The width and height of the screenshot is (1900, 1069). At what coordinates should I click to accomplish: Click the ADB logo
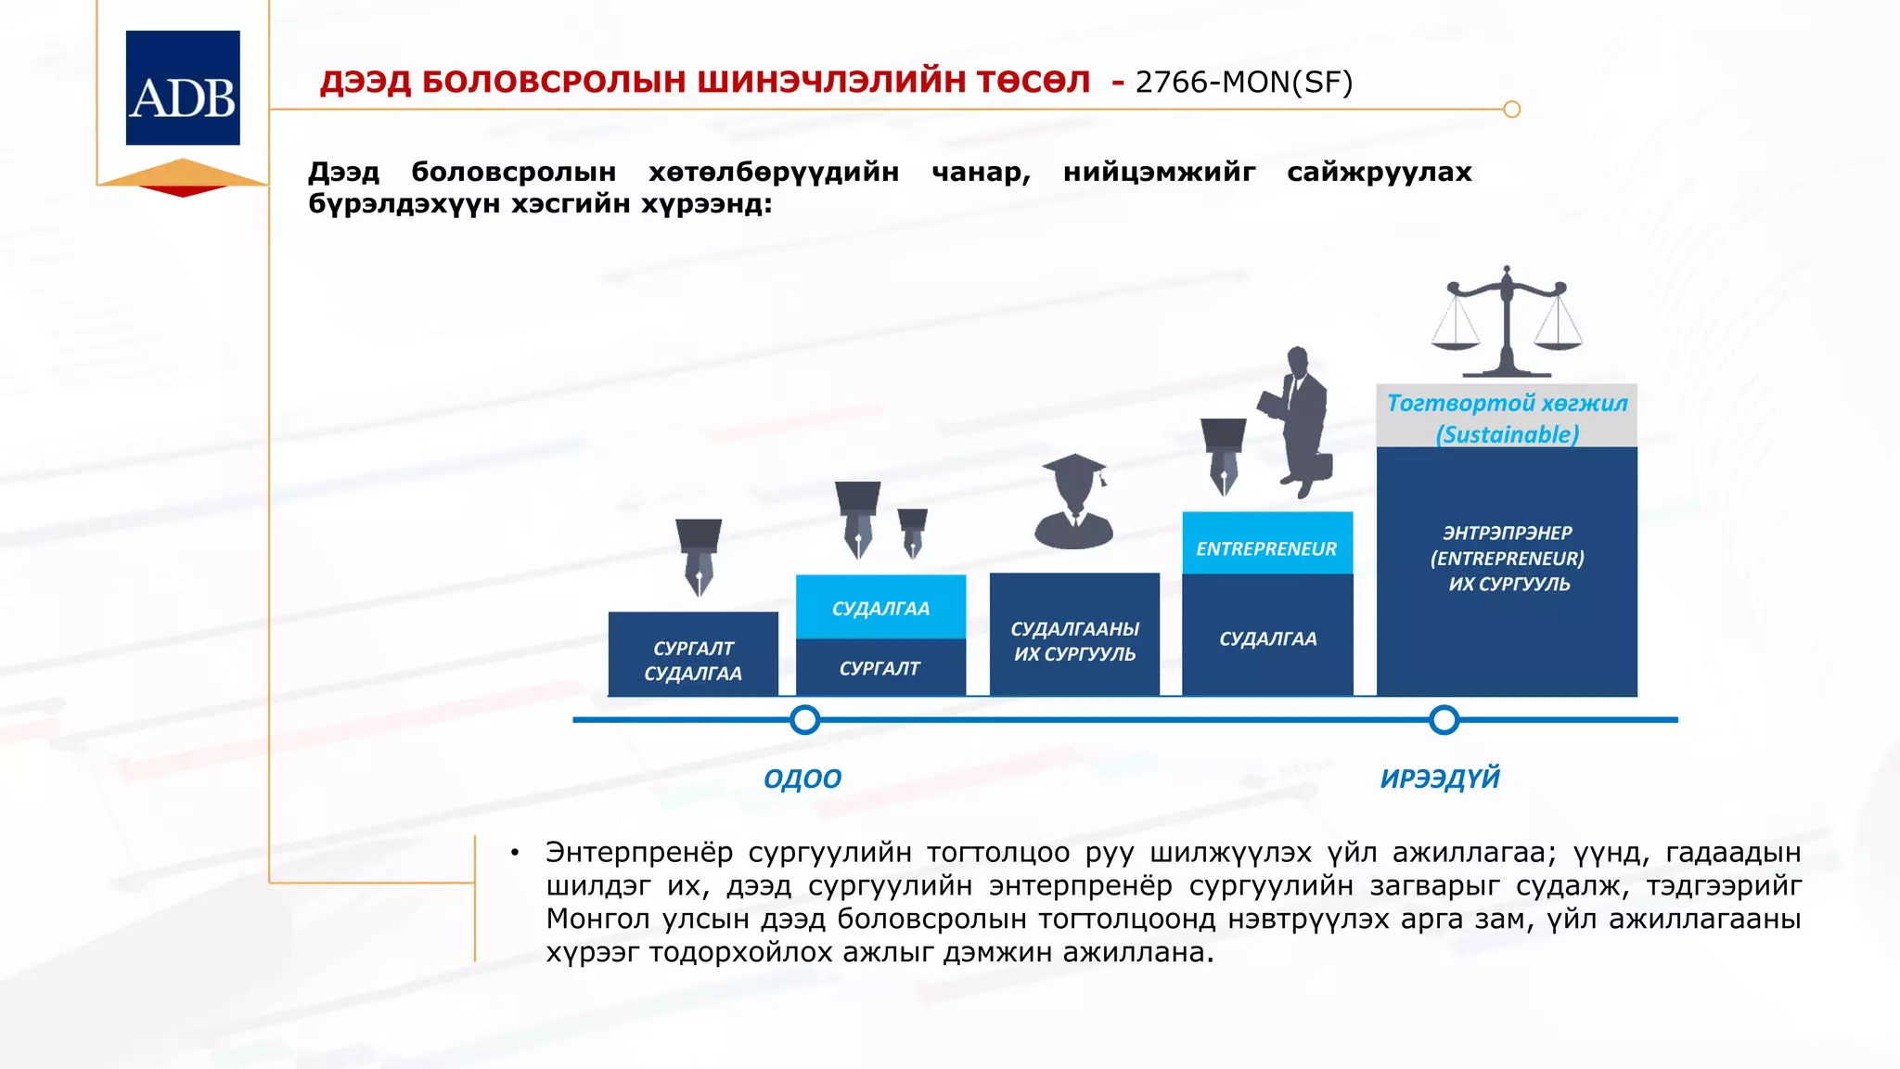[183, 88]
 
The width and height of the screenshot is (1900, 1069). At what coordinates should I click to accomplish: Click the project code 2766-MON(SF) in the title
[1243, 83]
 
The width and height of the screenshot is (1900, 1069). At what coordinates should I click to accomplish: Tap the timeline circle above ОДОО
[804, 719]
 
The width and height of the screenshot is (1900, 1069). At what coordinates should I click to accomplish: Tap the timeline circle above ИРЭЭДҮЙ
[1444, 719]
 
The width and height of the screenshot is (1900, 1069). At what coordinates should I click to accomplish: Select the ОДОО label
[802, 779]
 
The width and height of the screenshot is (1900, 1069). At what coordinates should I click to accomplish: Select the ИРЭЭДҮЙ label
[1439, 779]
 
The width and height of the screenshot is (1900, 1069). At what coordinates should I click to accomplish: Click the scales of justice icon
[1507, 323]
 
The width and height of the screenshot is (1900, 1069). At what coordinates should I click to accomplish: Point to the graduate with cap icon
[1073, 504]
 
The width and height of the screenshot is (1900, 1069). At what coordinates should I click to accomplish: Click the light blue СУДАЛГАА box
[880, 608]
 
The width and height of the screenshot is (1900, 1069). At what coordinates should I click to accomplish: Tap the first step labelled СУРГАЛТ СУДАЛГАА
[693, 660]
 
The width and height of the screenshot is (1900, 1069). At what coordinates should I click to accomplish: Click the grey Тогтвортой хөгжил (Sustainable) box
[1507, 417]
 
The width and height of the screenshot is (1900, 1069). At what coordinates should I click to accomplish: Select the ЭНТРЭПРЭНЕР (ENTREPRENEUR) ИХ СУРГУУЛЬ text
[1508, 559]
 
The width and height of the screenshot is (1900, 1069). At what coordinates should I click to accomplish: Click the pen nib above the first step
[699, 556]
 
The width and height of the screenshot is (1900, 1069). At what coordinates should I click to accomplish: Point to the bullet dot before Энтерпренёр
[514, 853]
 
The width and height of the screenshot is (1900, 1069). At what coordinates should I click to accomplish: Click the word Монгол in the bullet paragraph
[599, 920]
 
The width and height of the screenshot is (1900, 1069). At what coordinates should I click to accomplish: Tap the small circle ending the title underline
[1511, 109]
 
